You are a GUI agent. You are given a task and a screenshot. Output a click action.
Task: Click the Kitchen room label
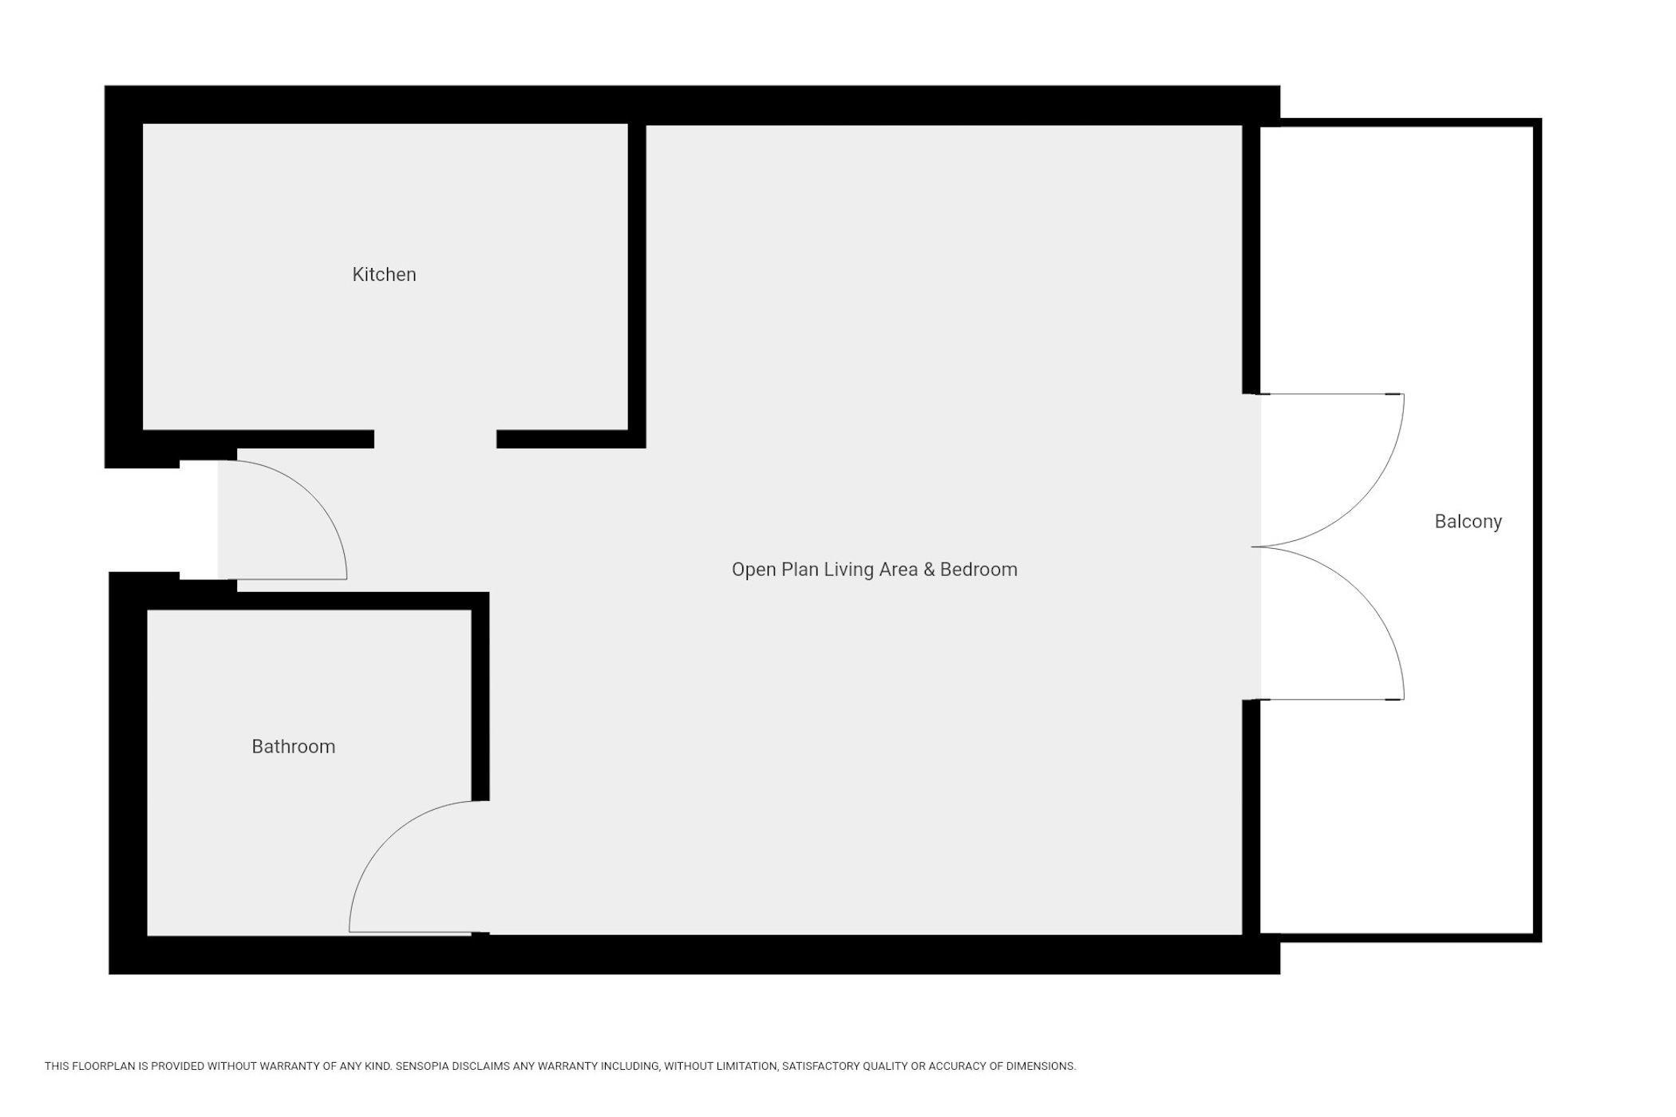pos(384,274)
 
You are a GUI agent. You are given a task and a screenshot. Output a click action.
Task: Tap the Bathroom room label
pos(294,747)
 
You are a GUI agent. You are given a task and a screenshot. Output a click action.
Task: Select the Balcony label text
pos(1468,522)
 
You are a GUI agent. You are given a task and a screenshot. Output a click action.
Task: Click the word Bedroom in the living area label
pos(978,570)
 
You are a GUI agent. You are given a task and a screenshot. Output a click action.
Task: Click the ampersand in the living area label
pos(928,570)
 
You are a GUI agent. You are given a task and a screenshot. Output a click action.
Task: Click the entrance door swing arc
pos(310,495)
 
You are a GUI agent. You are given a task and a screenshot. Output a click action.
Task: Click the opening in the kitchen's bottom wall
pos(435,439)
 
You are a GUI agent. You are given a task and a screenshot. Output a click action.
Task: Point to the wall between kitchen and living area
pos(637,286)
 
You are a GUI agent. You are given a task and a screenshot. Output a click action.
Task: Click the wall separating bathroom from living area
pos(480,697)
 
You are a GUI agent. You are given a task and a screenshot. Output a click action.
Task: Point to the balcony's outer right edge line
pos(1538,531)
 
